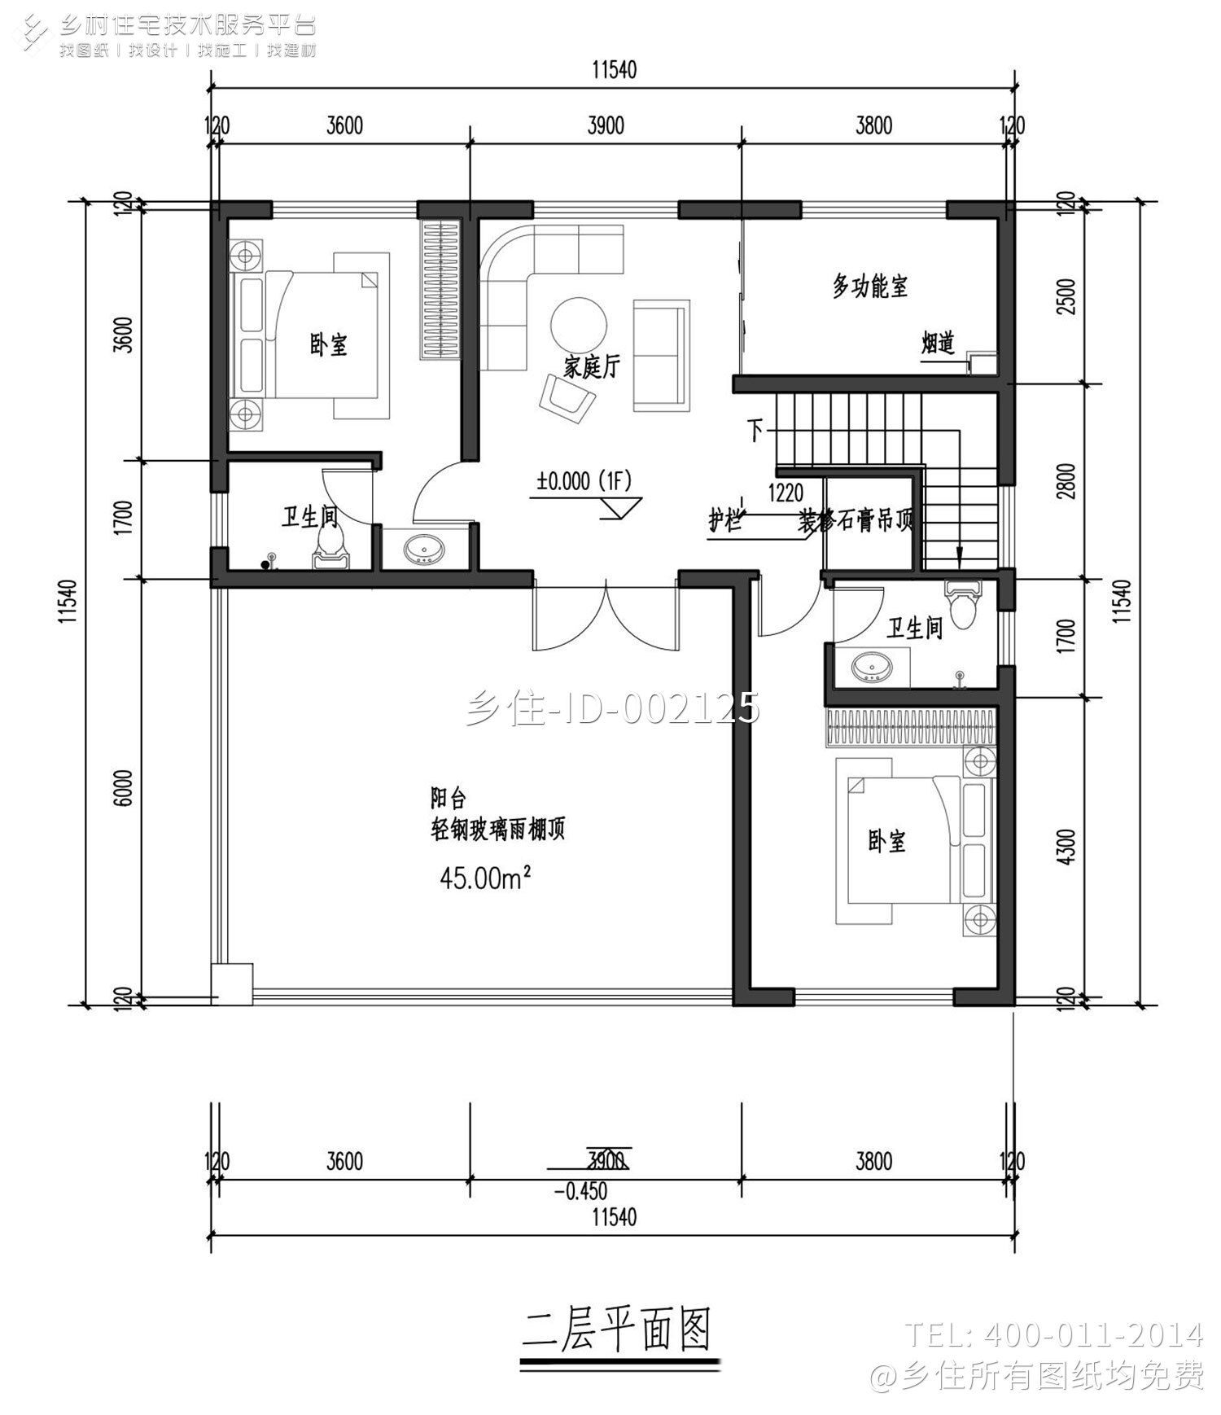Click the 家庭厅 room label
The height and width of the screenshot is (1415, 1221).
592,367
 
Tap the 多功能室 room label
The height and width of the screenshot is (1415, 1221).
869,287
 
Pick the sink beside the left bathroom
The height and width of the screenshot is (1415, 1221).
424,550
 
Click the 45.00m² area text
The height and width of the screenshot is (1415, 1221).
485,876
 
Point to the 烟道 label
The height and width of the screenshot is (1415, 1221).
938,343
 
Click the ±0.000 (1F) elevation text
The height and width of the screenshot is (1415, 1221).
584,481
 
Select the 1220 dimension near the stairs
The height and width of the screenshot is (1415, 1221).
786,492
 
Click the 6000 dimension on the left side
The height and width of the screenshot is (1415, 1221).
123,786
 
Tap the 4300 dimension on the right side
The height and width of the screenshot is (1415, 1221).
1068,847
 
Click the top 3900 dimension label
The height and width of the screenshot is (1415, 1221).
605,125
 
